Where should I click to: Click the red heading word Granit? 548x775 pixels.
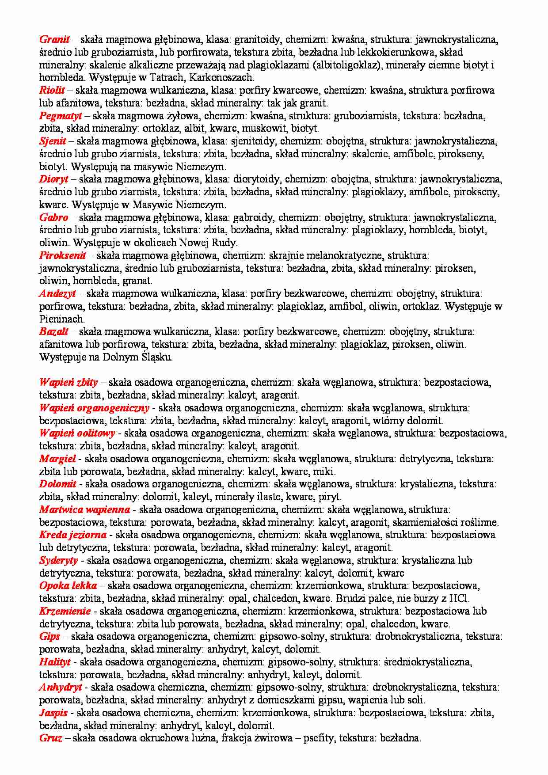point(55,39)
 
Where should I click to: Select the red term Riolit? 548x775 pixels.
point(52,90)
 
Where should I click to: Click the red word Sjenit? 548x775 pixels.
point(53,141)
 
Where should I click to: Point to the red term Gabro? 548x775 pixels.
point(53,217)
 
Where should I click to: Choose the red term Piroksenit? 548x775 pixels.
point(63,255)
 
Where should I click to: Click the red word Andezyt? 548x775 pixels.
point(57,293)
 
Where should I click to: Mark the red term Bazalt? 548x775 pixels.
point(53,331)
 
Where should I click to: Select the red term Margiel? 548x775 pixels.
point(57,459)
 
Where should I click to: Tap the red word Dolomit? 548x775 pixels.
point(57,484)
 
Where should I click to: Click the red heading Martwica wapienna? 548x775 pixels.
point(84,509)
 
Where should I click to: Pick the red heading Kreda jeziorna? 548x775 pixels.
point(72,535)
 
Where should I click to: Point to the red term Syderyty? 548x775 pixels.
point(58,560)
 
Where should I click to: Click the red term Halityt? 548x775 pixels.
point(55,662)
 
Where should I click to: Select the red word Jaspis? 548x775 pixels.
point(53,713)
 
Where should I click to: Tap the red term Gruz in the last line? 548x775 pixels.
point(50,738)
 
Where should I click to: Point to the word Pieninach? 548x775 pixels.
point(62,319)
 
